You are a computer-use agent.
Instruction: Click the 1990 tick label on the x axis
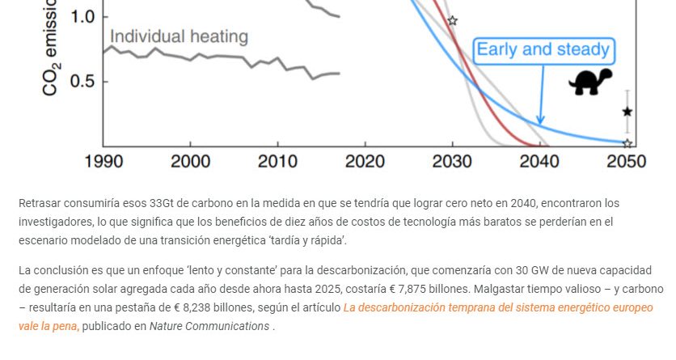tap(104, 162)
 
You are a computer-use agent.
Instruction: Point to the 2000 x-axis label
tap(191, 162)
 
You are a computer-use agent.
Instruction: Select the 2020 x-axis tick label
tap(365, 162)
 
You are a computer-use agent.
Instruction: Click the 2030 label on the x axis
tap(453, 162)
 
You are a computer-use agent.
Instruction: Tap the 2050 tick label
tap(626, 162)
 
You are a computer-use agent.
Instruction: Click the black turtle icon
tap(590, 82)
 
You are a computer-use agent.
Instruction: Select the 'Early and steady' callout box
tap(543, 50)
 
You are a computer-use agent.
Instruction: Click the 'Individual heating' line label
tap(179, 36)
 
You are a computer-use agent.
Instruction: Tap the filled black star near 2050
tap(627, 112)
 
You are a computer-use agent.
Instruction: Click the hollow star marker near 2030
tap(452, 20)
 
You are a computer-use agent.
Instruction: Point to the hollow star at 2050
tap(627, 143)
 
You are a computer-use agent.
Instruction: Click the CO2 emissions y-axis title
tap(50, 49)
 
